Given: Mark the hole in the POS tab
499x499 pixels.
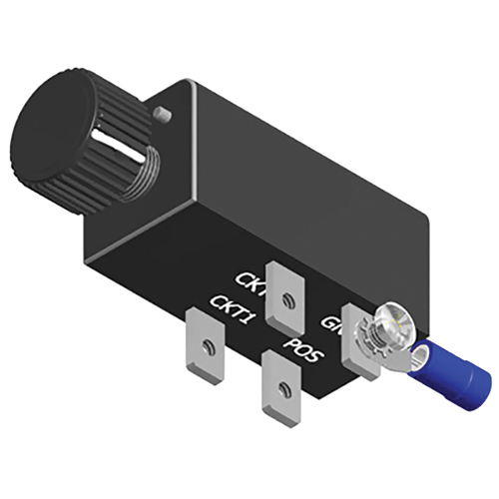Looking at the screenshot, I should point(282,392).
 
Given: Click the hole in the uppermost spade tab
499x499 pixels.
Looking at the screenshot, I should point(286,297).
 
